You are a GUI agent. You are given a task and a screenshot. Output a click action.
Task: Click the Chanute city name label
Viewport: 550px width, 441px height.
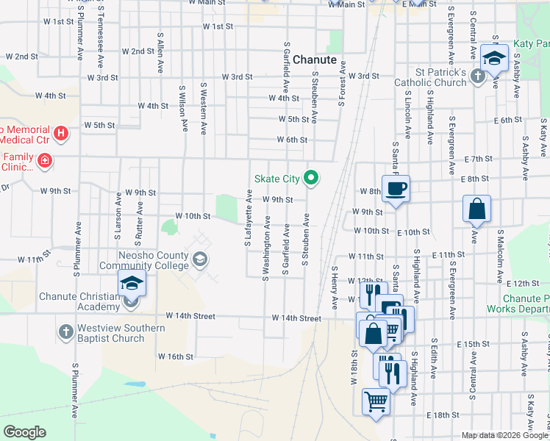[315, 60]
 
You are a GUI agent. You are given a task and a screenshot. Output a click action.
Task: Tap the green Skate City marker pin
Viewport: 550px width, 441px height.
[312, 177]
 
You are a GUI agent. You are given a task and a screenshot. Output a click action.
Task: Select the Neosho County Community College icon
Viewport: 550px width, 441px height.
[199, 259]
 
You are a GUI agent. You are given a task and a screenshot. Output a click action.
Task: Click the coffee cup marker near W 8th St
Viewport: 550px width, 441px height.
[395, 188]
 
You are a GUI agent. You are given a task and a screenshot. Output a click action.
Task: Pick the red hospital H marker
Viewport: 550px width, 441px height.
[62, 133]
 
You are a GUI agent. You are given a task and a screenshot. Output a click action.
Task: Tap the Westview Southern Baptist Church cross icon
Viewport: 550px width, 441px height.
[65, 331]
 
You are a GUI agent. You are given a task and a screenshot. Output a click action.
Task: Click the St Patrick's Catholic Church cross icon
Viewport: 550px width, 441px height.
[477, 75]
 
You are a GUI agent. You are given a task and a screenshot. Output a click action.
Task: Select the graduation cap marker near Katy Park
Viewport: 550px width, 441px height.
[495, 57]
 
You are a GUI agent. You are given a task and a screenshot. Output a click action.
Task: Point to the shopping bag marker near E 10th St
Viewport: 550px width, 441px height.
[476, 209]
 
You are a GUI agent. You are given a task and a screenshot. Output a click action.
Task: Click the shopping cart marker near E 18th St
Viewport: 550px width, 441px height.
[376, 401]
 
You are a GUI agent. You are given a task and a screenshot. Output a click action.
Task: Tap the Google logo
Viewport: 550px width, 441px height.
[24, 432]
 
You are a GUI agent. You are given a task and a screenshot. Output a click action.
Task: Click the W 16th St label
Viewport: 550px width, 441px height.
[175, 356]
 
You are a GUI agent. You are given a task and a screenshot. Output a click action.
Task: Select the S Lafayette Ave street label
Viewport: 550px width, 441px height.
[248, 218]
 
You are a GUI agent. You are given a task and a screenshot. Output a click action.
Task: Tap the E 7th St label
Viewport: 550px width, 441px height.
[478, 159]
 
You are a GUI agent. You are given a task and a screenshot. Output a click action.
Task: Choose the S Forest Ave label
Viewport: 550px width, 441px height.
[342, 84]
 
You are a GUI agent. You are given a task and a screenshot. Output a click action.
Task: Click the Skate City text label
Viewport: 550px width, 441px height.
[277, 179]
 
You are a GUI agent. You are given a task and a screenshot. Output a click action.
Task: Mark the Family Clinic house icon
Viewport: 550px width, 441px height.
[44, 159]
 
